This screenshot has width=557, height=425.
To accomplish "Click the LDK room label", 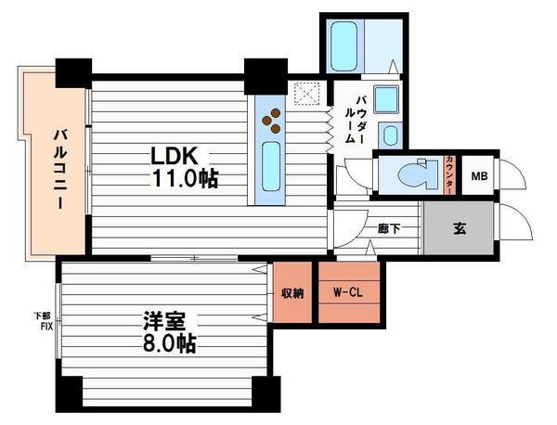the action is coord(175,156).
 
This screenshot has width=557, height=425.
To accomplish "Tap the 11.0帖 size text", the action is coord(185,177).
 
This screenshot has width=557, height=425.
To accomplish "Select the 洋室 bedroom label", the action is coord(164,321).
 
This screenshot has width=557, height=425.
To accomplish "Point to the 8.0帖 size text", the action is coord(170,343).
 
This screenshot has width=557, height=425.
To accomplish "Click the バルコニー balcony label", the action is coord(60,170).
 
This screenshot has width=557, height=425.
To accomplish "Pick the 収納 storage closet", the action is coord(292,292).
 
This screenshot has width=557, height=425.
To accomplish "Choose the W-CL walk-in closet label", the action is coord(347,292).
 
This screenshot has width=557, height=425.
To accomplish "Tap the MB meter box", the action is coord(479,175).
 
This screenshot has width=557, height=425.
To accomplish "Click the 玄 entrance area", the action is coord(459,228).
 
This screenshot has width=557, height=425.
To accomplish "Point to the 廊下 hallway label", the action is coord(389,228).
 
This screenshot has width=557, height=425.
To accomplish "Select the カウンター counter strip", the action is coord(449,175).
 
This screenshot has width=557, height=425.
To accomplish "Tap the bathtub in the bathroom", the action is coord(343,46).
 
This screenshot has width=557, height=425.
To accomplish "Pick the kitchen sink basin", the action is coord(271,166).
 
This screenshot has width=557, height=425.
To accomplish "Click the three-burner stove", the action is coord(271,121).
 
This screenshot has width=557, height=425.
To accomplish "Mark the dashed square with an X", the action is coord(307,94).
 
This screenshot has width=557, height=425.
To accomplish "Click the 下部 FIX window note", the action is coord(44,321).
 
